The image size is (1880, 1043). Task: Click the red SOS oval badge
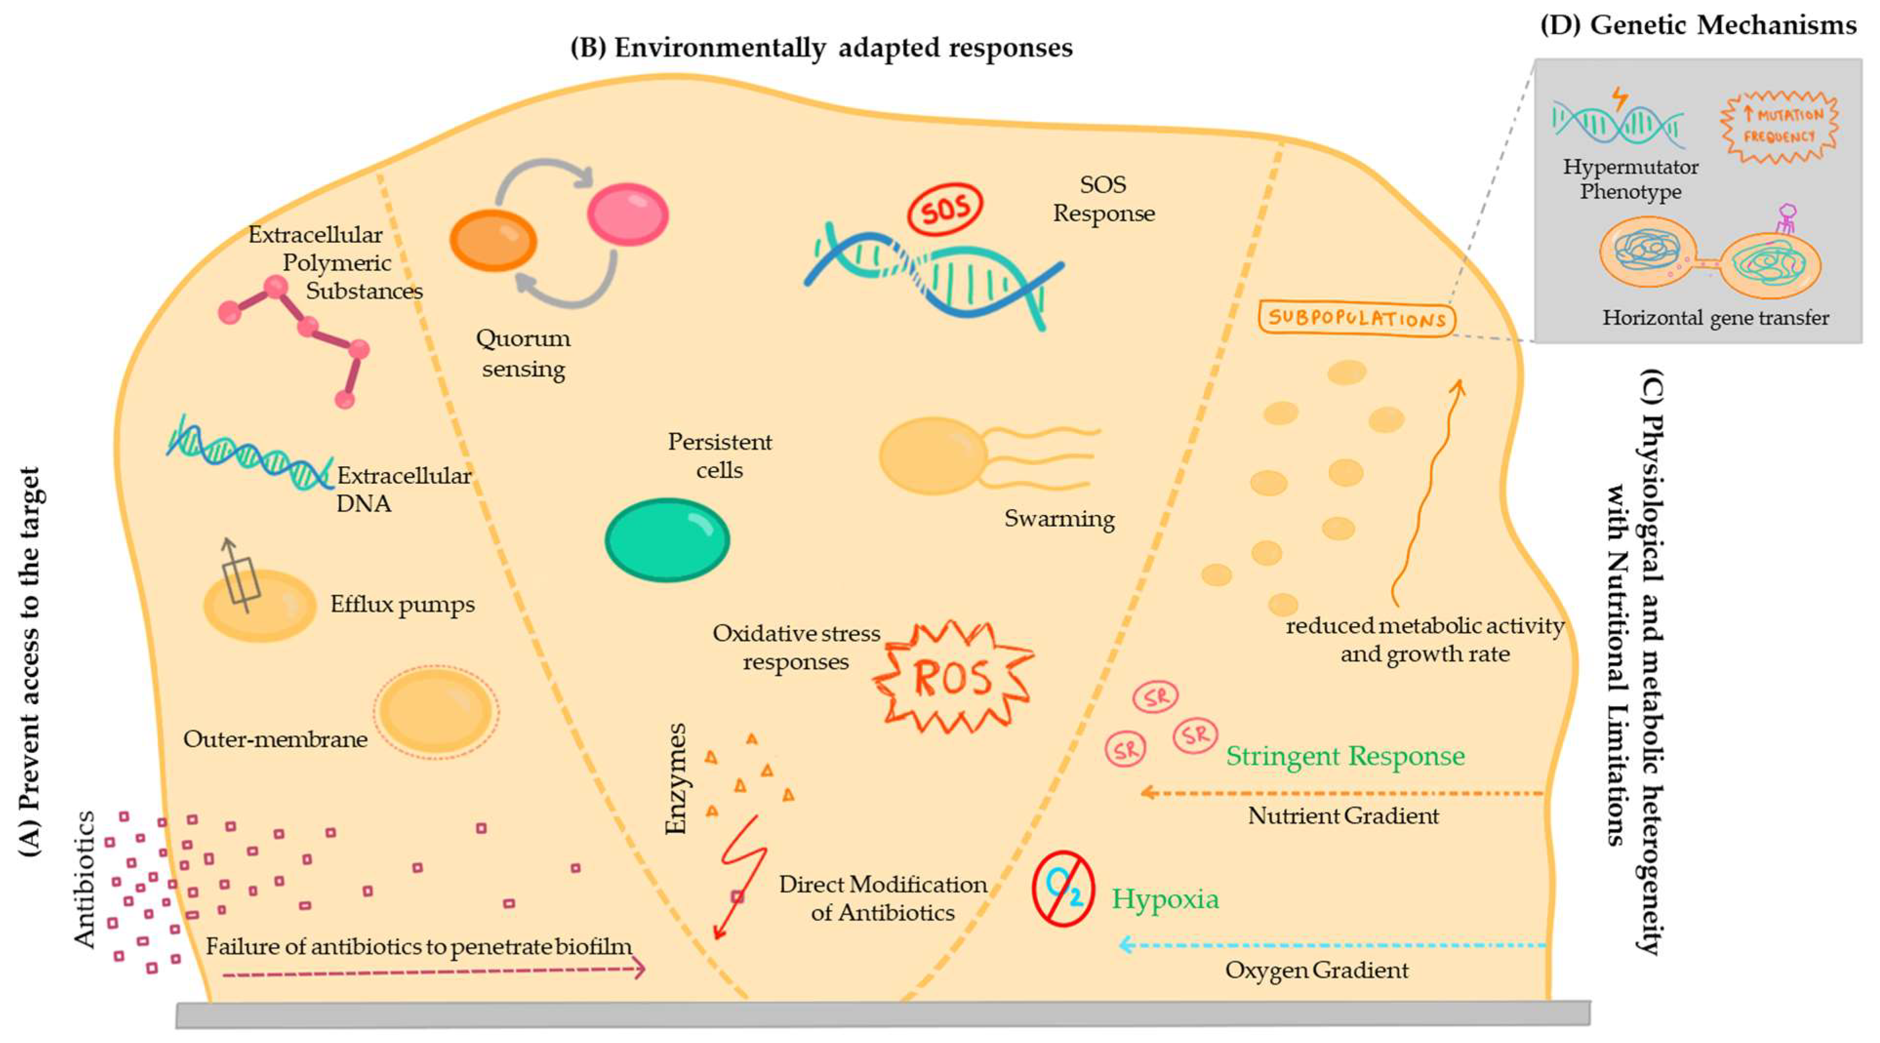pyautogui.click(x=944, y=210)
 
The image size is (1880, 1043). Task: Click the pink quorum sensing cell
pyautogui.click(x=628, y=215)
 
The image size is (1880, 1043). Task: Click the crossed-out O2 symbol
pyautogui.click(x=1062, y=888)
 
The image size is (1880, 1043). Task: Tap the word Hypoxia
pyautogui.click(x=1165, y=899)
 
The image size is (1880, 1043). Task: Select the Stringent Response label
pyautogui.click(x=1345, y=756)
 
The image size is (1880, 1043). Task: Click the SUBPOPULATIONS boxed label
pyautogui.click(x=1357, y=318)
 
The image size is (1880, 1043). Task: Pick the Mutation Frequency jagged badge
pyautogui.click(x=1779, y=125)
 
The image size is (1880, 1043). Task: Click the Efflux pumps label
pyautogui.click(x=402, y=604)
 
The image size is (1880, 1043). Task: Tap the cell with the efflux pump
pyautogui.click(x=259, y=606)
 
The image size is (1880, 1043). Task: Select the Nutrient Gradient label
pyautogui.click(x=1343, y=815)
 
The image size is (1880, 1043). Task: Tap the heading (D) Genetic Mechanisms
pyautogui.click(x=1698, y=25)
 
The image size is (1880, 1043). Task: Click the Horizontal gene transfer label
pyautogui.click(x=1715, y=318)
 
